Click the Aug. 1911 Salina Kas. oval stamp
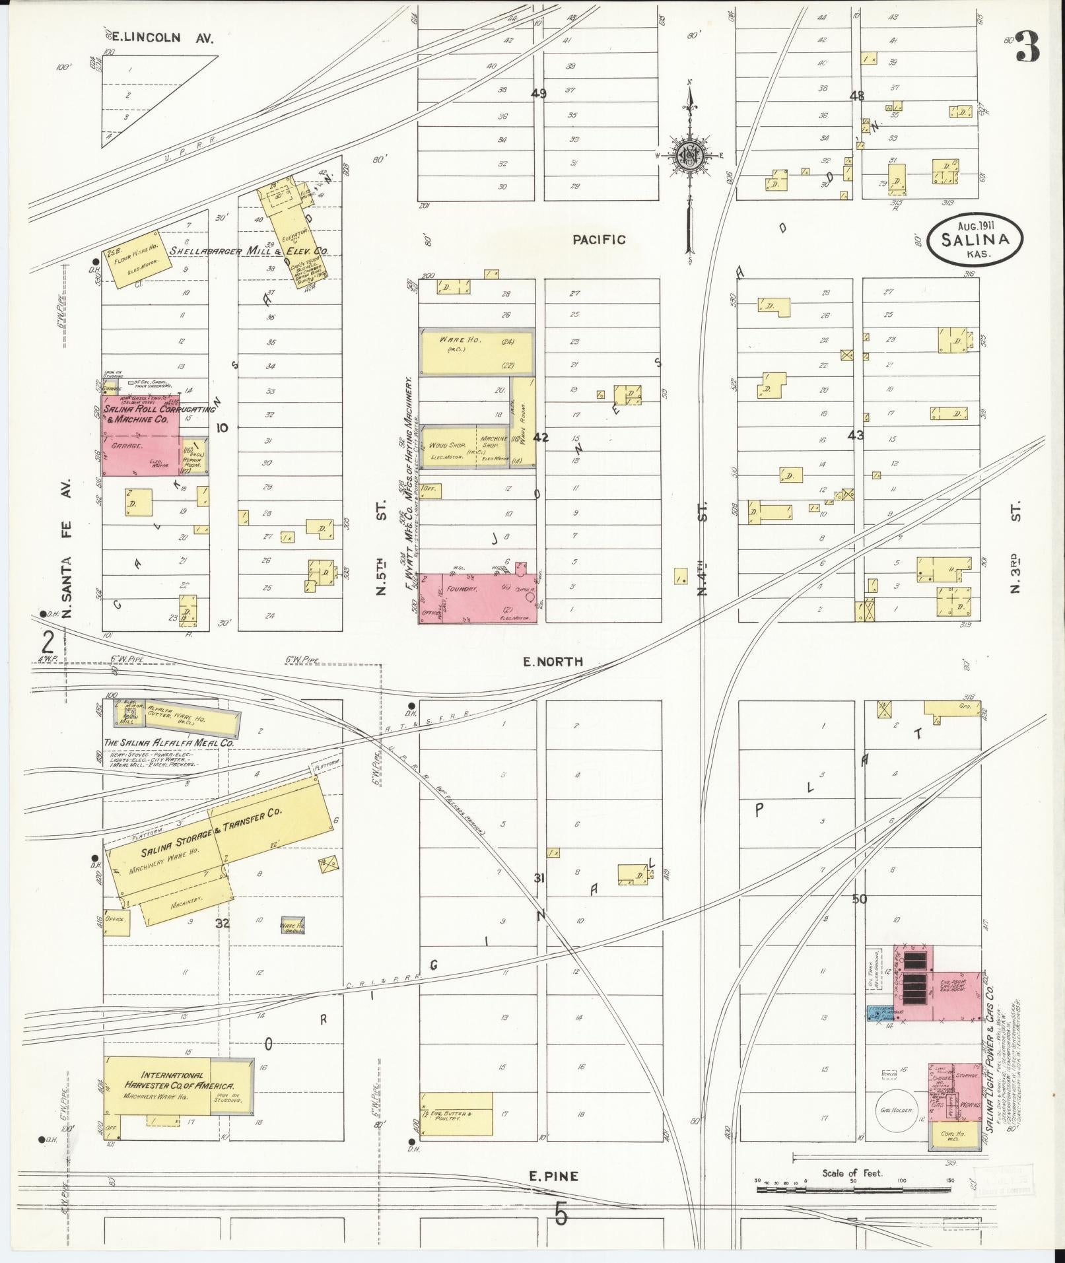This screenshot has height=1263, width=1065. (x=975, y=239)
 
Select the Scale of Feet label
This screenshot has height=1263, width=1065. (x=852, y=1173)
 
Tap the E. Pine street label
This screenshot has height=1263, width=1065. (x=554, y=1176)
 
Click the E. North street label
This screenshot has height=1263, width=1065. (x=553, y=661)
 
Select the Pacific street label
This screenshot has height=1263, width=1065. (x=599, y=240)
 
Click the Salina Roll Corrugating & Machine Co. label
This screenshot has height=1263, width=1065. (x=158, y=414)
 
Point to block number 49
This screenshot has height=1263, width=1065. (x=539, y=94)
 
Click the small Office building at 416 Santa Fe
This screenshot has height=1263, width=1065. (x=116, y=918)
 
